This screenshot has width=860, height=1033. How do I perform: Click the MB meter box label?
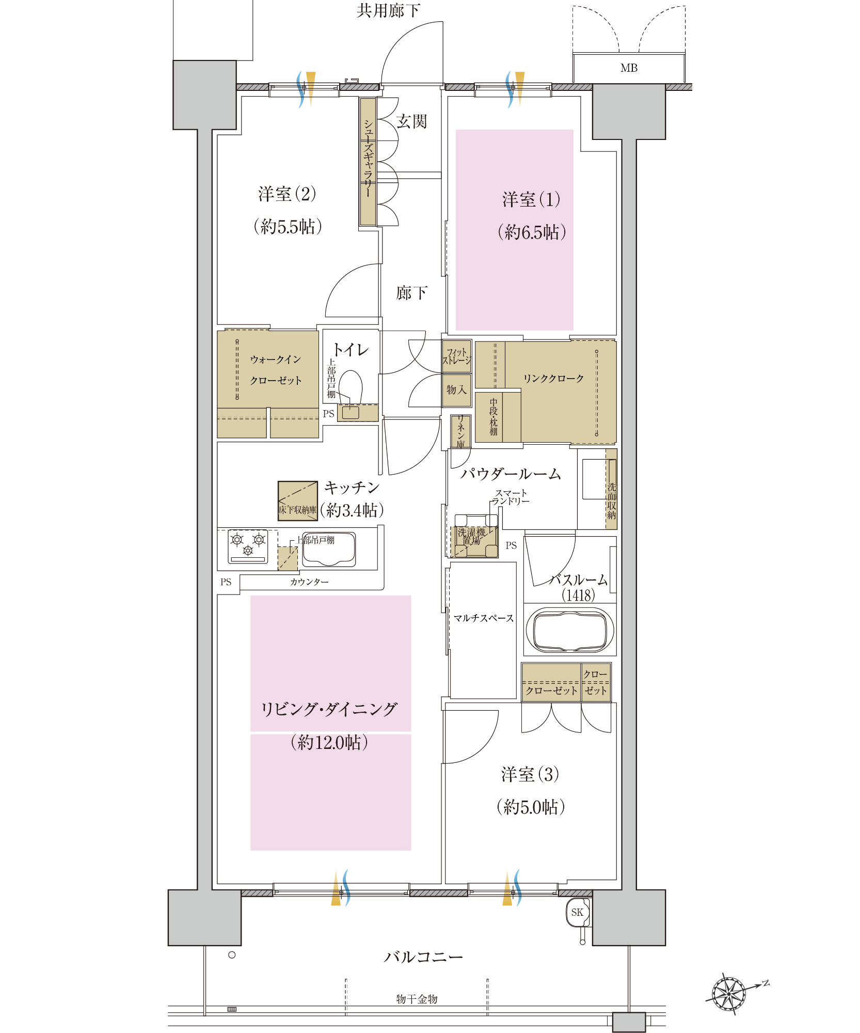(629, 68)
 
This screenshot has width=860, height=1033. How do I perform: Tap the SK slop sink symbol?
(577, 912)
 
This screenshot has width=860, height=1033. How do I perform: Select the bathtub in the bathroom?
(570, 630)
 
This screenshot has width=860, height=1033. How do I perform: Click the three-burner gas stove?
(248, 546)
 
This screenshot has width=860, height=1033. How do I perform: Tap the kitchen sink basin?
(329, 549)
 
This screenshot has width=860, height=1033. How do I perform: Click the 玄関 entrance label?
(411, 122)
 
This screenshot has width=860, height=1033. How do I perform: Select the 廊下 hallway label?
(411, 293)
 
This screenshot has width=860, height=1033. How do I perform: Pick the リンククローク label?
(553, 379)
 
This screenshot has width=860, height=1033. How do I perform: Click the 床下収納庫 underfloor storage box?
(297, 500)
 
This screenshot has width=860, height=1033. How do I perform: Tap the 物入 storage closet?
(457, 389)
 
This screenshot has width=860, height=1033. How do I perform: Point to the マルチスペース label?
(484, 618)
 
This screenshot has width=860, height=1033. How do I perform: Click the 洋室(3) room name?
(530, 774)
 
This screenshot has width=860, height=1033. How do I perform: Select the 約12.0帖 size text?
(329, 742)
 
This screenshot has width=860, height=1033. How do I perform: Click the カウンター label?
(309, 582)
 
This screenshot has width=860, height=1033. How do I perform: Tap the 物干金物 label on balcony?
(417, 999)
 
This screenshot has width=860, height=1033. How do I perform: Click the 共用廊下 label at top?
(388, 10)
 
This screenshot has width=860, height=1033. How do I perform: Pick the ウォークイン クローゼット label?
(276, 370)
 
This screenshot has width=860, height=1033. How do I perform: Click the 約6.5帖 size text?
(532, 232)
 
